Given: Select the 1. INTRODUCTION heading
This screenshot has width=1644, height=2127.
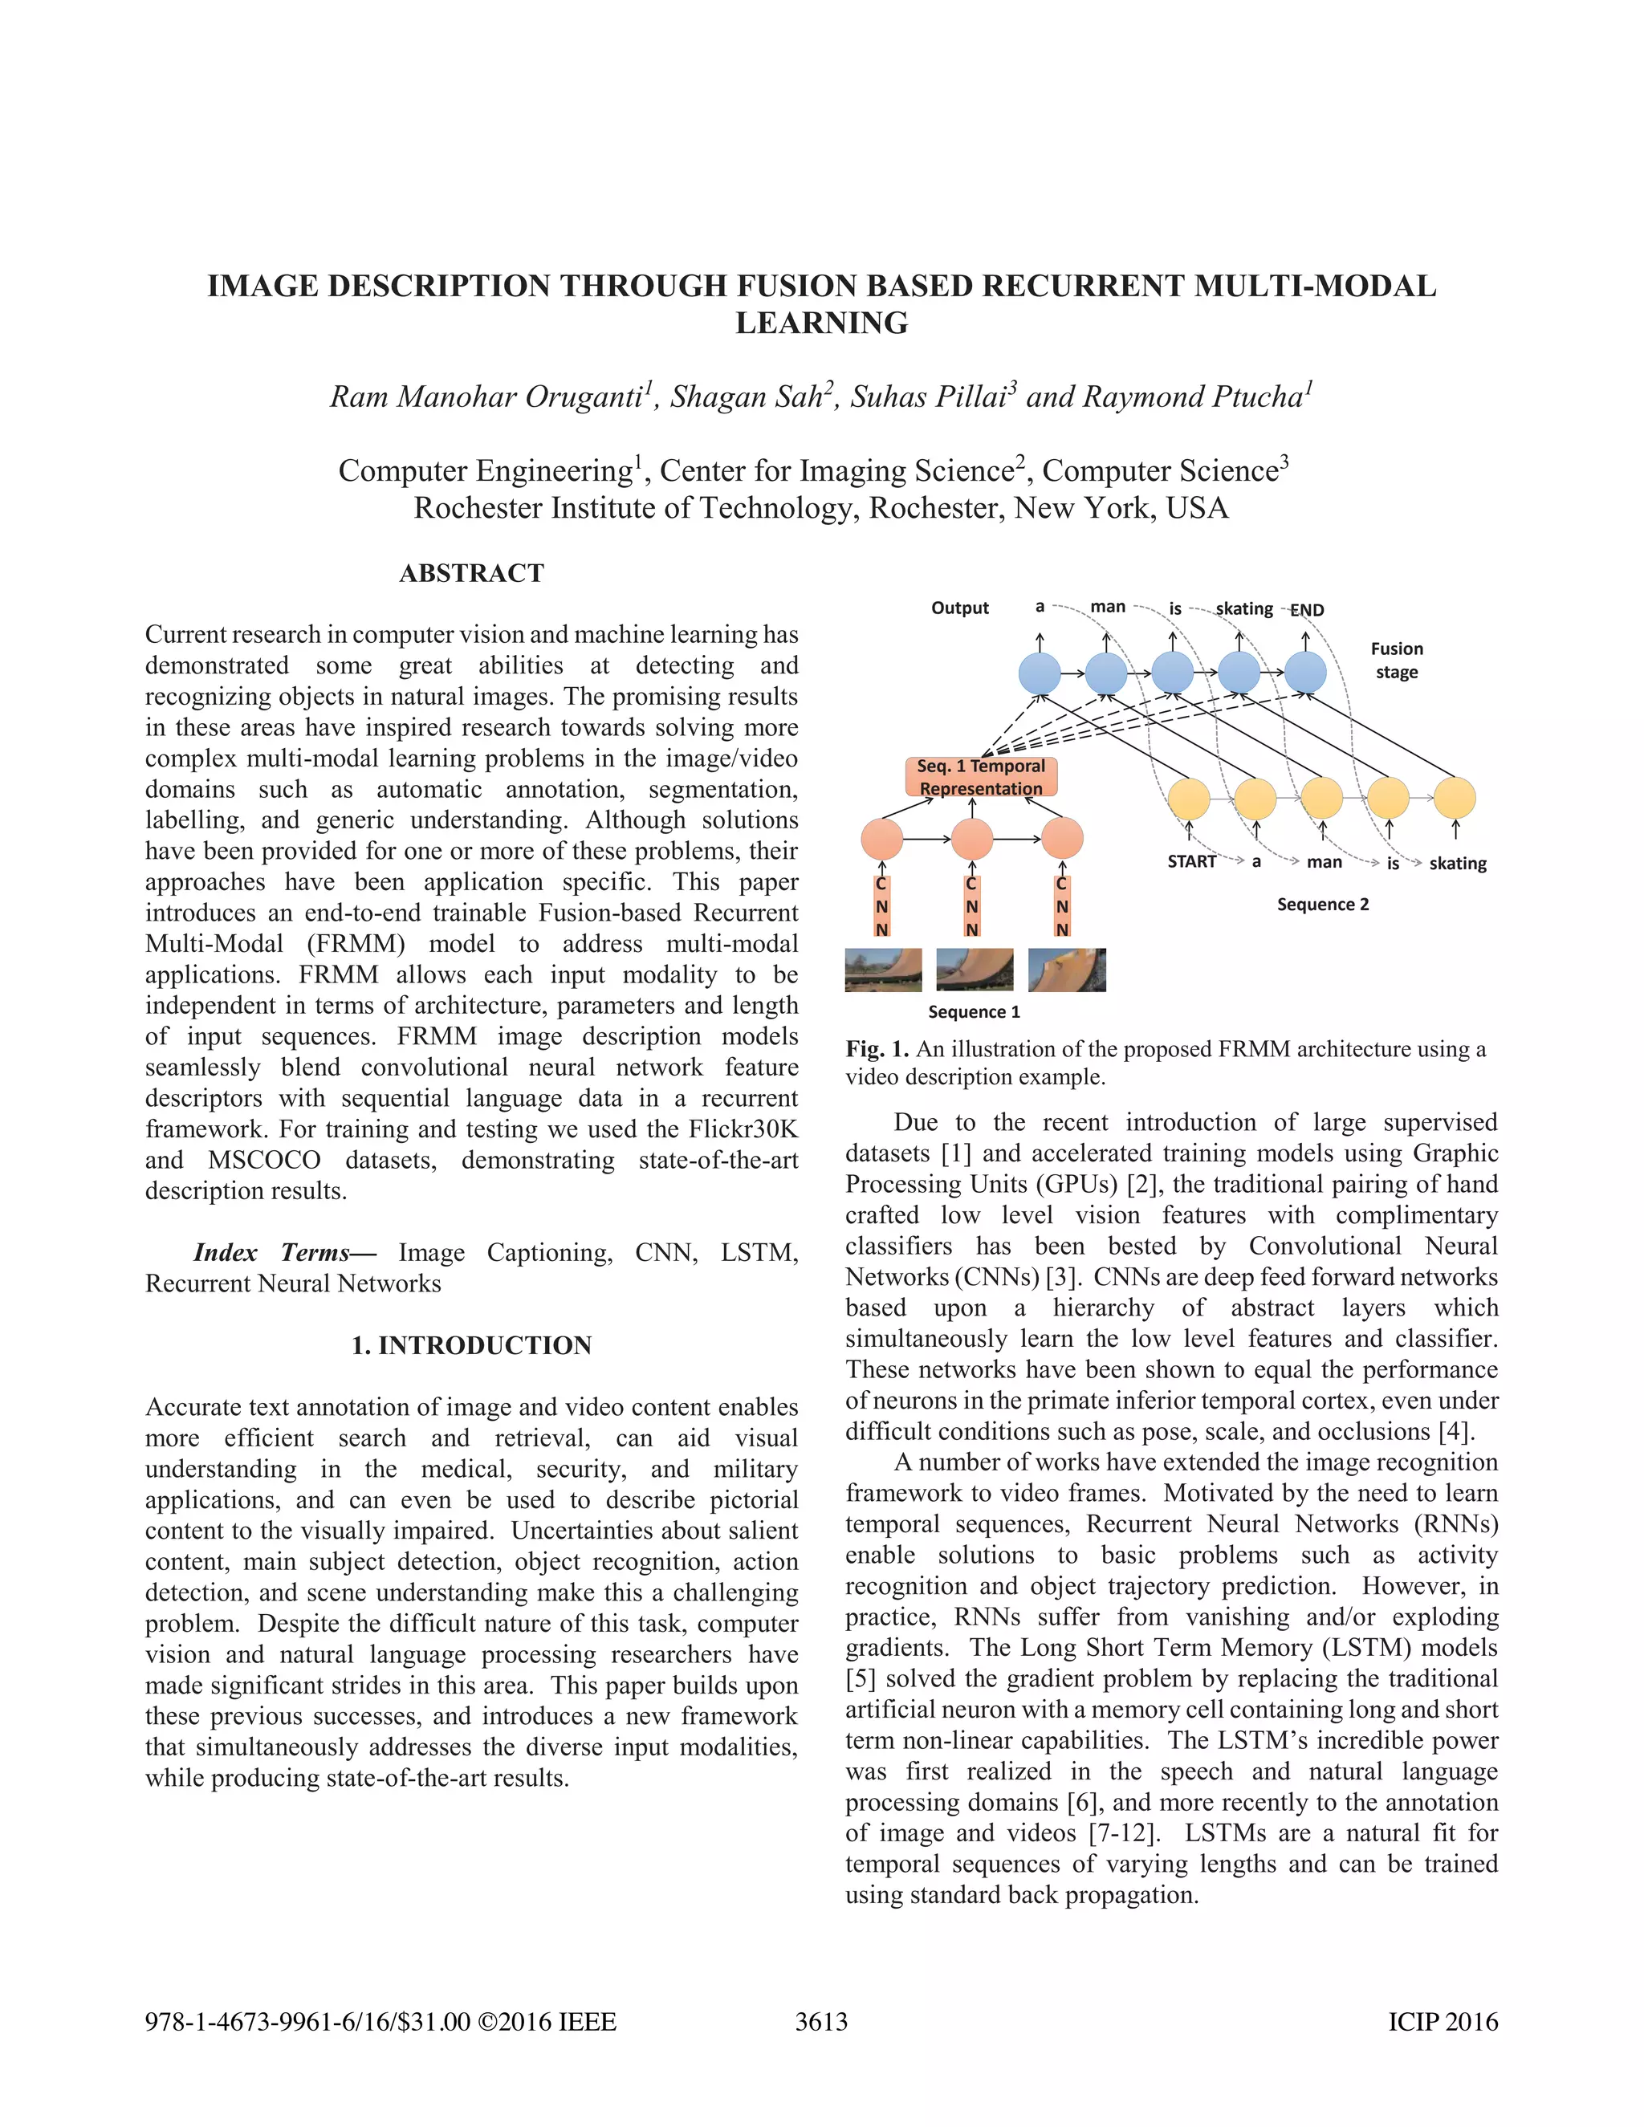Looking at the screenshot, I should (x=471, y=1345).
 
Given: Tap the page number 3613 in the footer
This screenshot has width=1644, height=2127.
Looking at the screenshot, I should (x=821, y=2022).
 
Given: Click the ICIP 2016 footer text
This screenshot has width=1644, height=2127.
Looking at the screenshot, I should (x=1443, y=2022).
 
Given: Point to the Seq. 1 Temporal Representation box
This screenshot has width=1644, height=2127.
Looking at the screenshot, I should (x=981, y=777).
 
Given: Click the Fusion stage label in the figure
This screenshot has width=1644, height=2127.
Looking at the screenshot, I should (x=1396, y=661).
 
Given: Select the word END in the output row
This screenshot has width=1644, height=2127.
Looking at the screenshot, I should (x=1307, y=611).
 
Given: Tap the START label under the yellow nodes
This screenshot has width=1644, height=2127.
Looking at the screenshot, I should (x=1191, y=862).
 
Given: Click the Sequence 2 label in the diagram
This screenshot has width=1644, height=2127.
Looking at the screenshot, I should (x=1323, y=905).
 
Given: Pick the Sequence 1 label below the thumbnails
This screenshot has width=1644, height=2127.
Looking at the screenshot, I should (x=974, y=1012).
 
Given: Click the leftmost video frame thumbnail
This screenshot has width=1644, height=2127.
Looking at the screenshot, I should (x=883, y=970).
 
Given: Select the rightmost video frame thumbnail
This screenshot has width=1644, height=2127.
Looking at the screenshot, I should (x=1067, y=970).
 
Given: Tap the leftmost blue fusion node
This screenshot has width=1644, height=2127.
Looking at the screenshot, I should (x=1040, y=673).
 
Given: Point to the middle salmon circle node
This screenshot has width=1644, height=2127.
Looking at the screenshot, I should (x=972, y=839).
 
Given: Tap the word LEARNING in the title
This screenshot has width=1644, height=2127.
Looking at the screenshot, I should (x=821, y=323).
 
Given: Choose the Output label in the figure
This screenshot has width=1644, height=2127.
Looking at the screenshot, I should (x=959, y=608).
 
